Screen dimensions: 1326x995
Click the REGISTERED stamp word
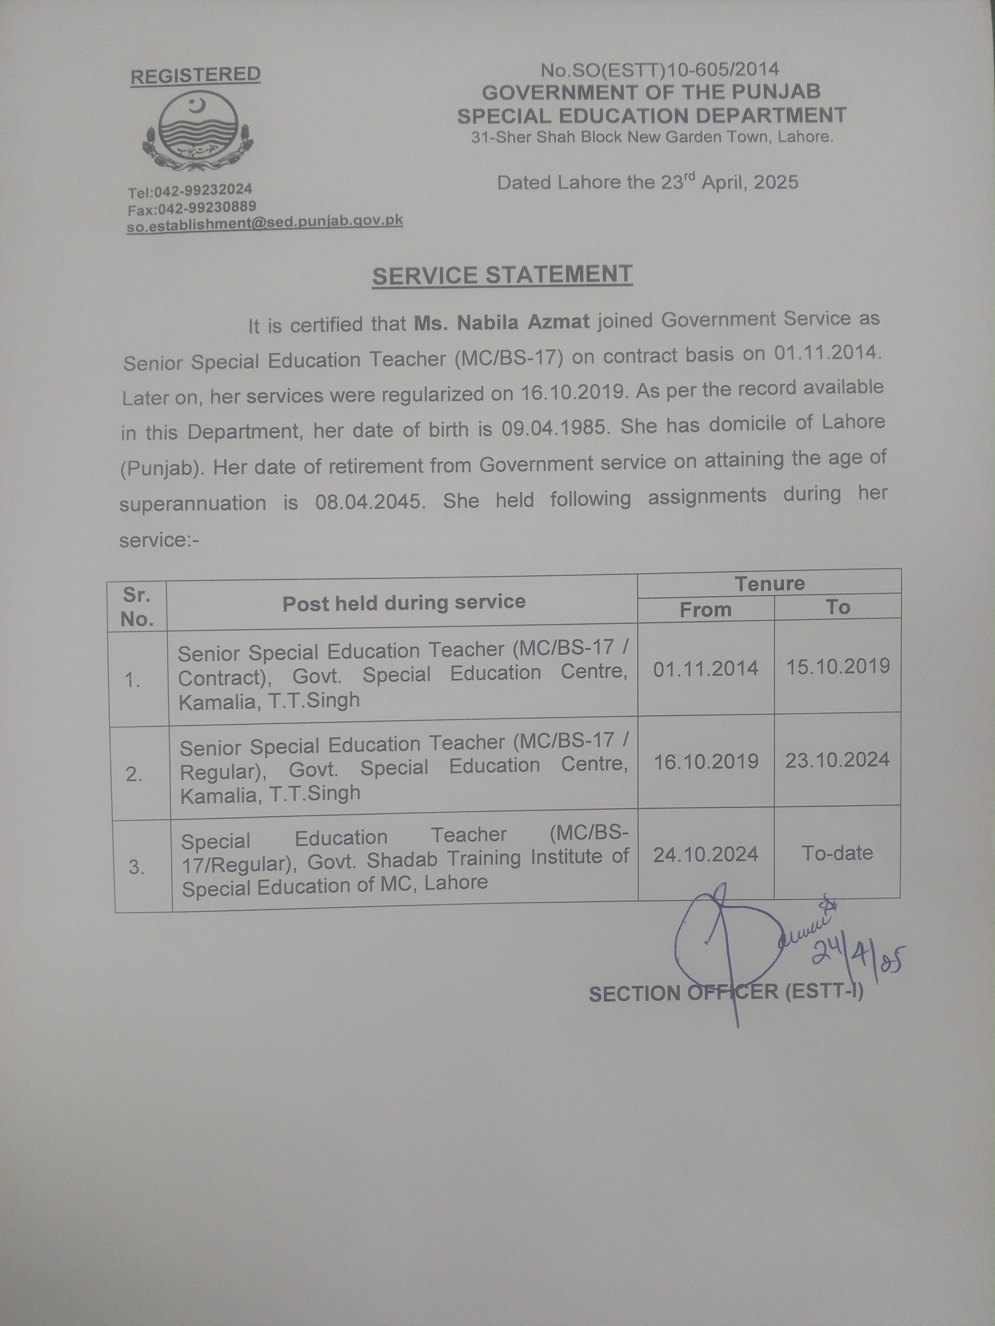coord(196,75)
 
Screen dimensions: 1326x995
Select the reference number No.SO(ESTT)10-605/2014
coord(660,70)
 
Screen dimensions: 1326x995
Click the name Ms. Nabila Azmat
coord(502,323)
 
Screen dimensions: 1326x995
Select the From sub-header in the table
coord(705,609)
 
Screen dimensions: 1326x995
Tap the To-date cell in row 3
coord(837,853)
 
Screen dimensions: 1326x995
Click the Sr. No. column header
coord(137,607)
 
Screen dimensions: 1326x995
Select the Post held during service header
coord(403,602)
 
